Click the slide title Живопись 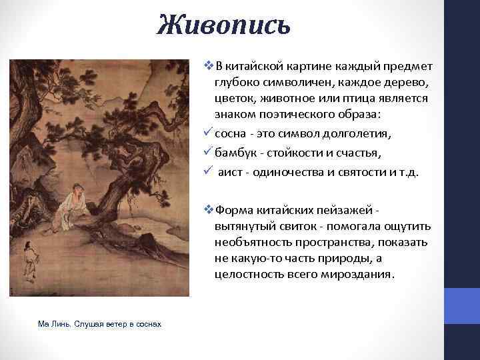[x=223, y=25]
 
